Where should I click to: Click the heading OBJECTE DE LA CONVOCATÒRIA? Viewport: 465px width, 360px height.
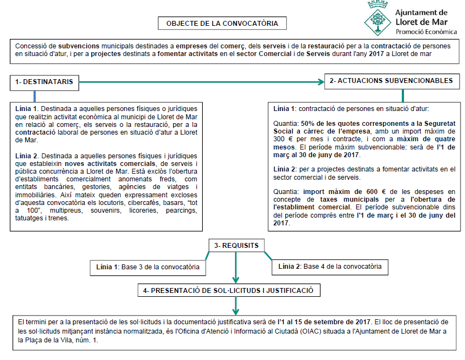tap(222, 24)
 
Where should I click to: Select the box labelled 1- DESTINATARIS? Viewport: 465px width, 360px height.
tap(44, 82)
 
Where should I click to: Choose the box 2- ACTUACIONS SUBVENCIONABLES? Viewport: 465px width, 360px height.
tap(391, 81)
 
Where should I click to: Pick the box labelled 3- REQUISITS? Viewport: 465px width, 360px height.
tap(236, 245)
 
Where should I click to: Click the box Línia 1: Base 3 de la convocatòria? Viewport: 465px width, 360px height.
tap(147, 267)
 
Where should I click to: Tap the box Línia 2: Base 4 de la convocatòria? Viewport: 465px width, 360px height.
tap(330, 267)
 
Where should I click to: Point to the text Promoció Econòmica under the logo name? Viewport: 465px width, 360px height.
tap(426, 32)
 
